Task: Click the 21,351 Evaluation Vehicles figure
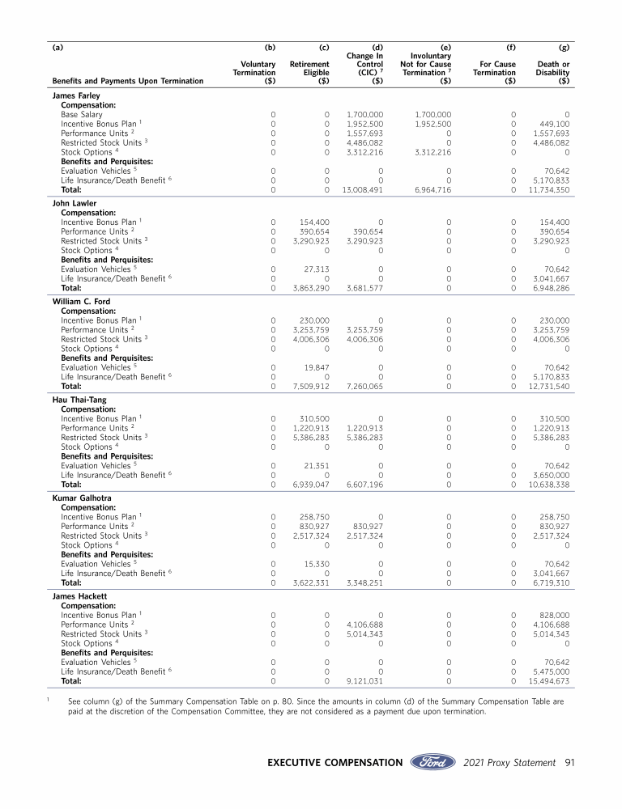click(x=313, y=465)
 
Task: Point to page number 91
click(x=569, y=762)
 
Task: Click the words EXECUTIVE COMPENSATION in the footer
click(x=334, y=762)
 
